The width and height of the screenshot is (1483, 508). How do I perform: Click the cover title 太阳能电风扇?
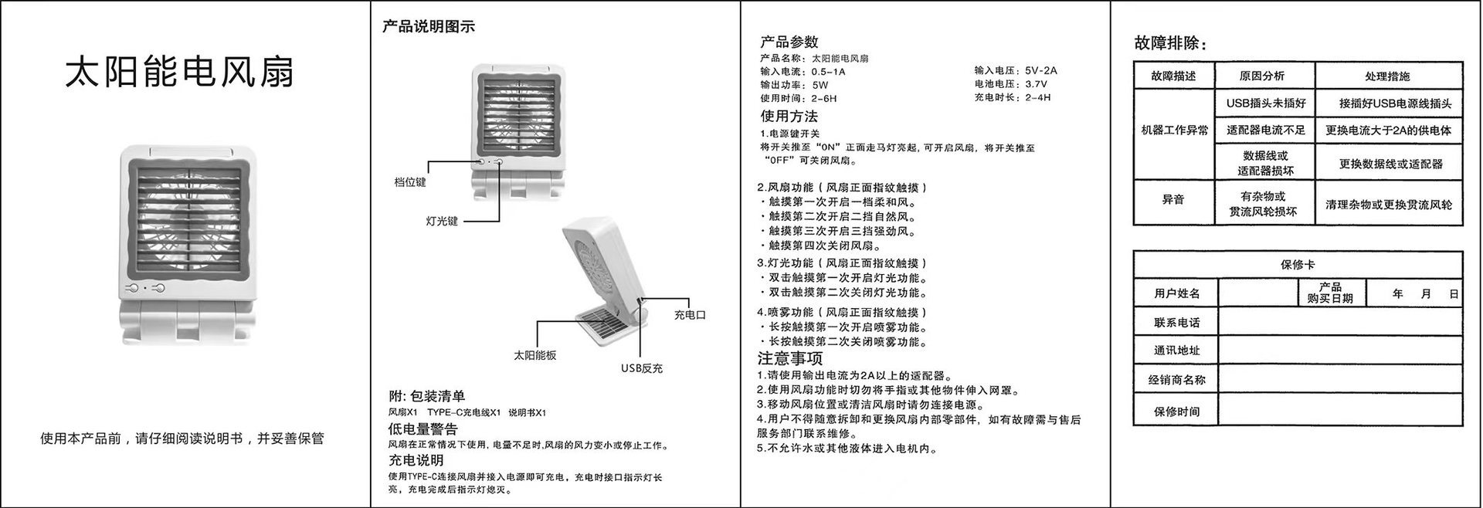point(179,72)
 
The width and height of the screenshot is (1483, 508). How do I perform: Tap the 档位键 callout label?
point(410,182)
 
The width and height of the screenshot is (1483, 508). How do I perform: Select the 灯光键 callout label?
point(442,221)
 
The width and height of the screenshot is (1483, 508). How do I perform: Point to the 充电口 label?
point(690,315)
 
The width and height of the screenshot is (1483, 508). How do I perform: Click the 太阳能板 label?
point(535,355)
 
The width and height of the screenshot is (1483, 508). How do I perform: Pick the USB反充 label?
point(642,368)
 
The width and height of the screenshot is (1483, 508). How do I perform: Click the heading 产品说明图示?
point(429,26)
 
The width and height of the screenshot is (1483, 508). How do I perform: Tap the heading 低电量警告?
point(423,428)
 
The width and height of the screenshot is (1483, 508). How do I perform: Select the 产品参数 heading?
point(789,42)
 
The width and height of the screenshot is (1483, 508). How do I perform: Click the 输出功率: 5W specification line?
point(794,85)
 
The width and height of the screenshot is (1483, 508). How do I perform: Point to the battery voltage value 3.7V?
point(1037,84)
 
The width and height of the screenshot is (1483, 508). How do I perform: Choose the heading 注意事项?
point(789,358)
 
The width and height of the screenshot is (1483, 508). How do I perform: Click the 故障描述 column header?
point(1173,76)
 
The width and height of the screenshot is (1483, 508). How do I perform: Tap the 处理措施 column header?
point(1387,76)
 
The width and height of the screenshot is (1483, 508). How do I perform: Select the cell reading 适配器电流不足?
point(1265,130)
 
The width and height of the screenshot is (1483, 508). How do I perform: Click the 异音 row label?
point(1173,200)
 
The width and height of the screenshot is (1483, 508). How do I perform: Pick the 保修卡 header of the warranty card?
point(1298,265)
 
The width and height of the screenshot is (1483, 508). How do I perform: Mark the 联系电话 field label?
point(1176,323)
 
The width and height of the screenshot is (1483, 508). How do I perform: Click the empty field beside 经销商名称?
point(1340,379)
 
